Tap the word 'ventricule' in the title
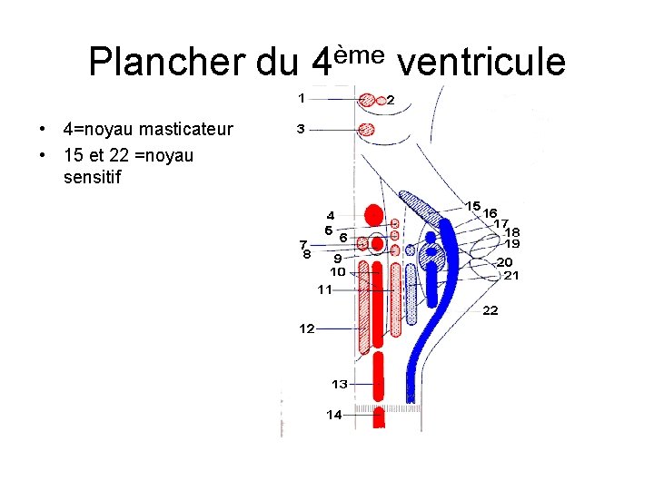481,62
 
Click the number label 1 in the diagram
302,96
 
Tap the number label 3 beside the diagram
301,130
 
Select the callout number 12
307,328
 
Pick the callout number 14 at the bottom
334,415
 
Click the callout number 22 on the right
490,310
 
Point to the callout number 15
472,206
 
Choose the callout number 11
324,289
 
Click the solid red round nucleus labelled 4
372,215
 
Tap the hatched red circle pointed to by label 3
367,129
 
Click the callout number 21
511,275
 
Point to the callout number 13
339,384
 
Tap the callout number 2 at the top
391,100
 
